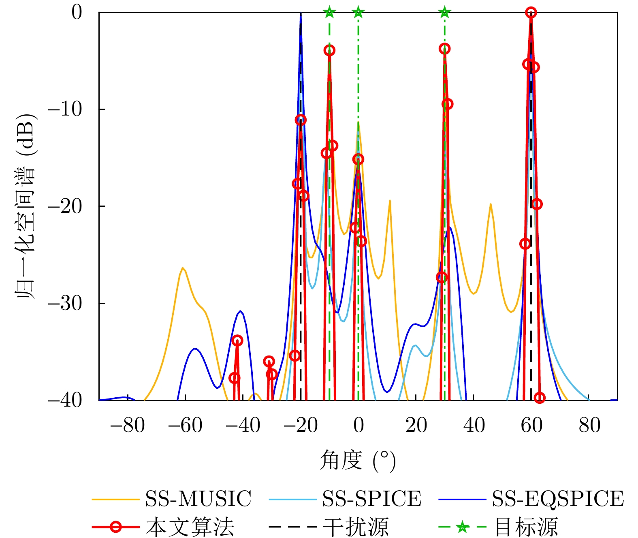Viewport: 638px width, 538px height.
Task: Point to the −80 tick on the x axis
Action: coord(127,426)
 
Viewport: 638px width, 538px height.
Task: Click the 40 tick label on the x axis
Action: coord(474,426)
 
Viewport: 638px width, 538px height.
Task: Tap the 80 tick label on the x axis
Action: coord(589,426)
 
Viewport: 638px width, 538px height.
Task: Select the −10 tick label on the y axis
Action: coord(65,109)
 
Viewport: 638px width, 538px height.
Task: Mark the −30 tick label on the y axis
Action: coord(65,303)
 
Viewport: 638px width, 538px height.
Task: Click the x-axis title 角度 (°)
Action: coord(358,461)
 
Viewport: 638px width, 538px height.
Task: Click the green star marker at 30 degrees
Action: coord(445,12)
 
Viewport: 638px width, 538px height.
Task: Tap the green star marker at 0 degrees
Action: coord(358,12)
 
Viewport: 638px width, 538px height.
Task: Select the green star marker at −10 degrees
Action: coord(329,12)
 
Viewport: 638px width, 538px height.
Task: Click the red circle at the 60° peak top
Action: coord(531,13)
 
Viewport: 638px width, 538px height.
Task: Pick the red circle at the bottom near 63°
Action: coord(540,398)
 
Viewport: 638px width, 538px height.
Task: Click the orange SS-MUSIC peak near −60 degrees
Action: coord(183,268)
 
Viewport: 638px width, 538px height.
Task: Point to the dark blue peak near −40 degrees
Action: coord(241,311)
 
